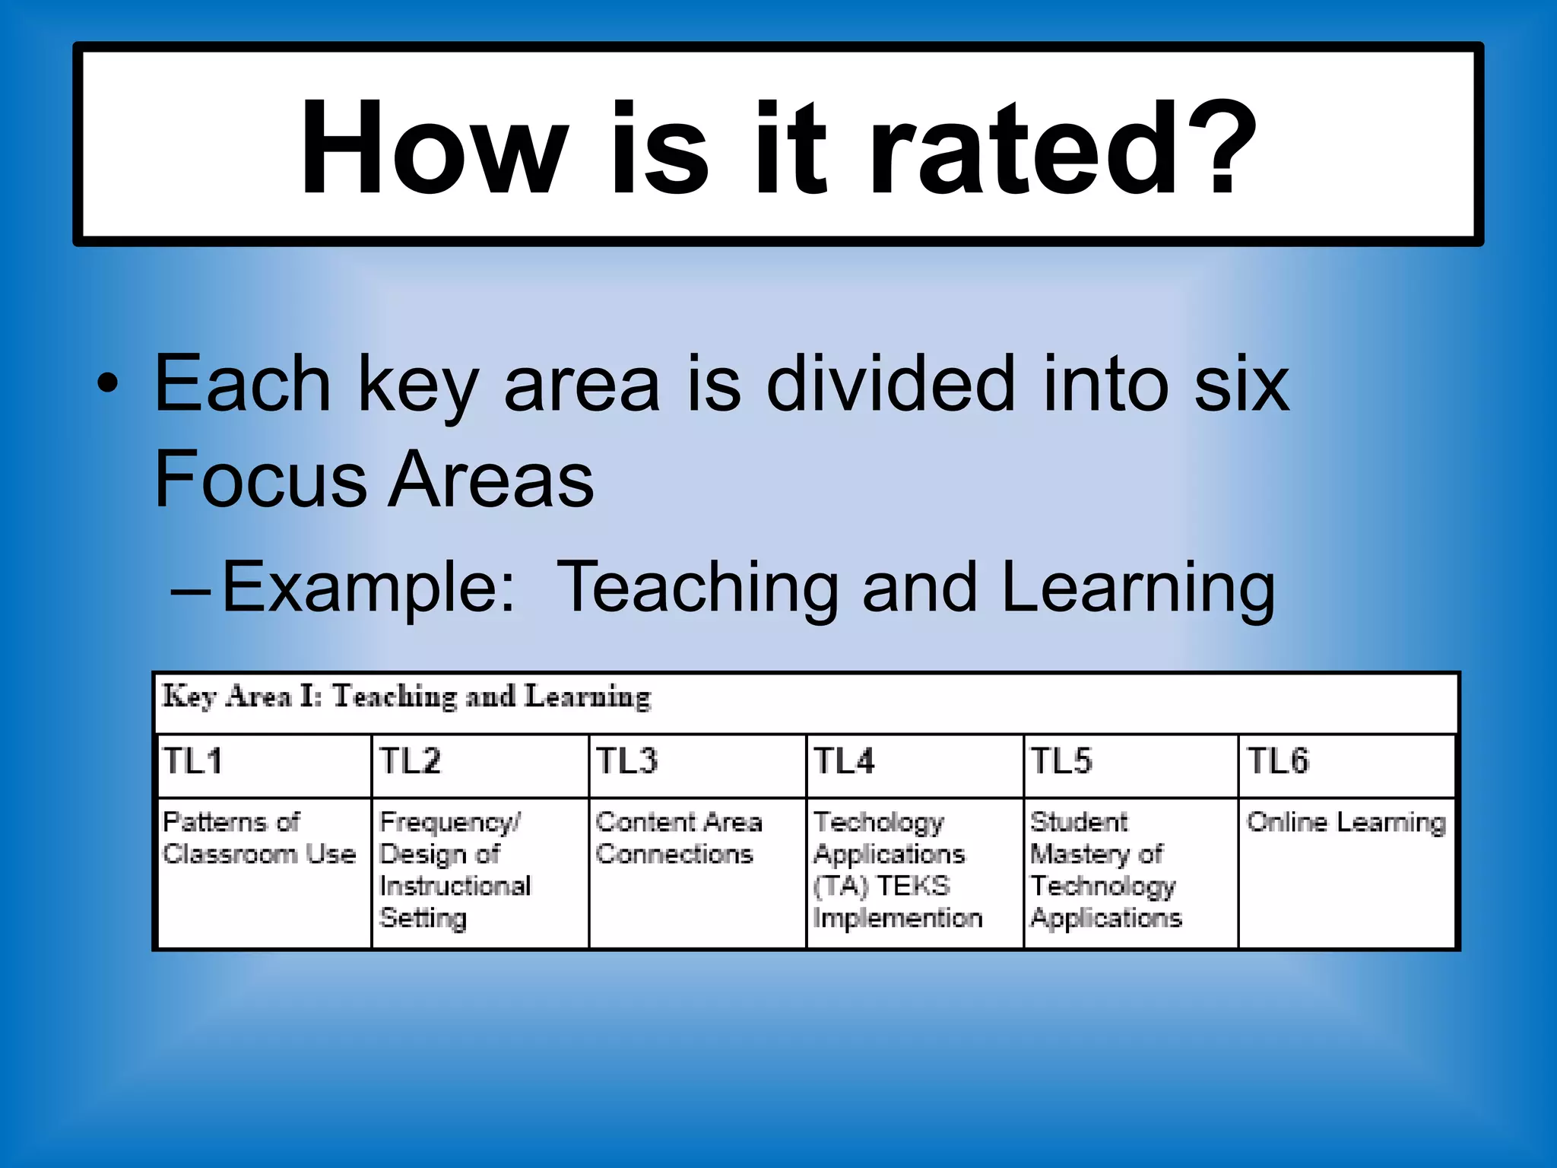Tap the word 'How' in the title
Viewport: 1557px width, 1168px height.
point(433,148)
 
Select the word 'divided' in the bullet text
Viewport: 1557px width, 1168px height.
point(890,384)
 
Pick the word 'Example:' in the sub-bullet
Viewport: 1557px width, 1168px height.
point(369,587)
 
